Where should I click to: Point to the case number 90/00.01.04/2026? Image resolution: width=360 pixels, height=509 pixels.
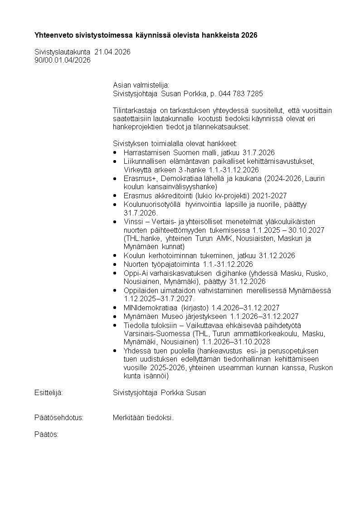point(63,60)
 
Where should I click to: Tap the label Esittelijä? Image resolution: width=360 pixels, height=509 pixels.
point(49,392)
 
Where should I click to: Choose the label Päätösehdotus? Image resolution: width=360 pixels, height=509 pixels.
point(59,418)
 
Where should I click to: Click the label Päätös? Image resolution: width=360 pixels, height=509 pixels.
point(47,434)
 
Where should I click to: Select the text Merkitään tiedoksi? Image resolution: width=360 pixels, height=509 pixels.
point(143,418)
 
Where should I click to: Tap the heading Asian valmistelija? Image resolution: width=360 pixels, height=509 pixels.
point(141,85)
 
